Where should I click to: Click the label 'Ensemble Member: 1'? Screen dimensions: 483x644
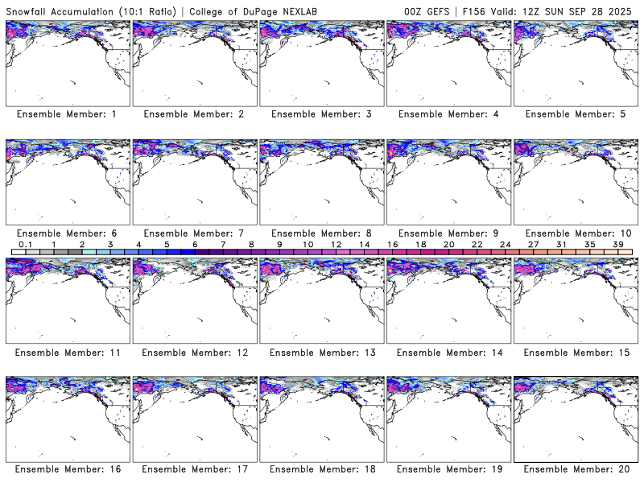pos(67,114)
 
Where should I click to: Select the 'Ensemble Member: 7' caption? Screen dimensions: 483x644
pos(194,233)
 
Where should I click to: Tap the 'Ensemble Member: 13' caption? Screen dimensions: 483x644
pos(320,352)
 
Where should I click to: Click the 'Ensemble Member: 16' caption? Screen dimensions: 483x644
pos(67,469)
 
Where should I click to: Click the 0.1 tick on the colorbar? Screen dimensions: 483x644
pos(25,244)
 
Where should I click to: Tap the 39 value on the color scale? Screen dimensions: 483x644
pos(617,244)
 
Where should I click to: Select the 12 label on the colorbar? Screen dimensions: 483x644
pos(336,244)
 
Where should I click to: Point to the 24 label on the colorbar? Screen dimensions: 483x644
pos(505,244)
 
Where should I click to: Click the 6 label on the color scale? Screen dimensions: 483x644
pos(195,244)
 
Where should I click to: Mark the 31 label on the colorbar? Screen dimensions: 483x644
pos(561,244)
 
